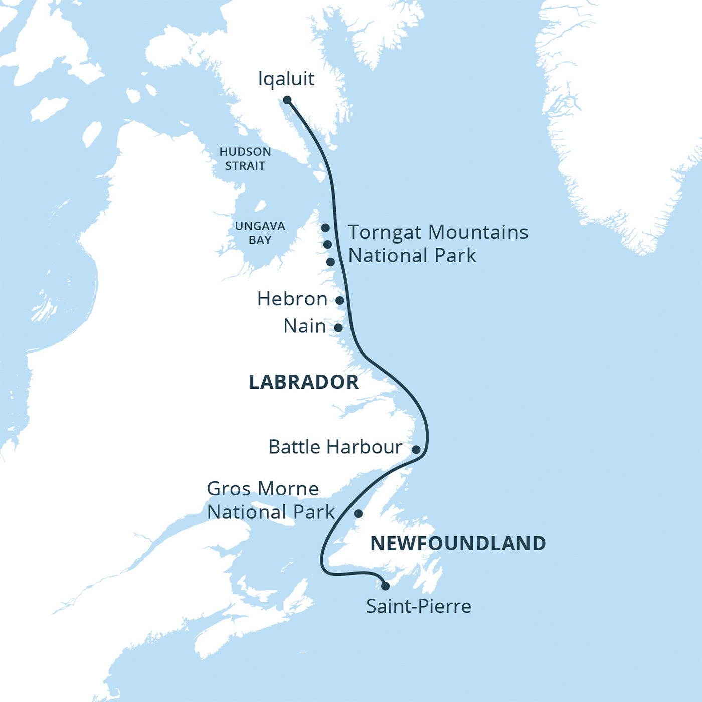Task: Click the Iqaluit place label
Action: click(x=286, y=79)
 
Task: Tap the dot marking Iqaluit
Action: click(x=287, y=100)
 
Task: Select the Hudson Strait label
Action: click(x=245, y=159)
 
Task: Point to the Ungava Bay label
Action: click(x=260, y=233)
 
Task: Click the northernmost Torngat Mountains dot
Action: click(x=325, y=228)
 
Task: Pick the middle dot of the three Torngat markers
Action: click(x=327, y=245)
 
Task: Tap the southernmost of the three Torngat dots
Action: click(x=330, y=262)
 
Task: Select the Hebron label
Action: click(x=292, y=299)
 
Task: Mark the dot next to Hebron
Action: click(x=339, y=300)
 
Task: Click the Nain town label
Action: click(x=304, y=326)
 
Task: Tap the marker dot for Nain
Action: click(x=338, y=328)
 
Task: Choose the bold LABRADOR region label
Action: click(x=304, y=382)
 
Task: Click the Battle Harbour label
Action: click(x=335, y=447)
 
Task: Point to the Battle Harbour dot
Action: click(x=416, y=449)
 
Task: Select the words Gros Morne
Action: click(x=263, y=489)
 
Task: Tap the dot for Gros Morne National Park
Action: click(x=358, y=513)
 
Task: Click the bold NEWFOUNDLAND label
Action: click(x=458, y=543)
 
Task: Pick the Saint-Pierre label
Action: click(x=418, y=607)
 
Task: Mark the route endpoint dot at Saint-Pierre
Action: click(x=385, y=586)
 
